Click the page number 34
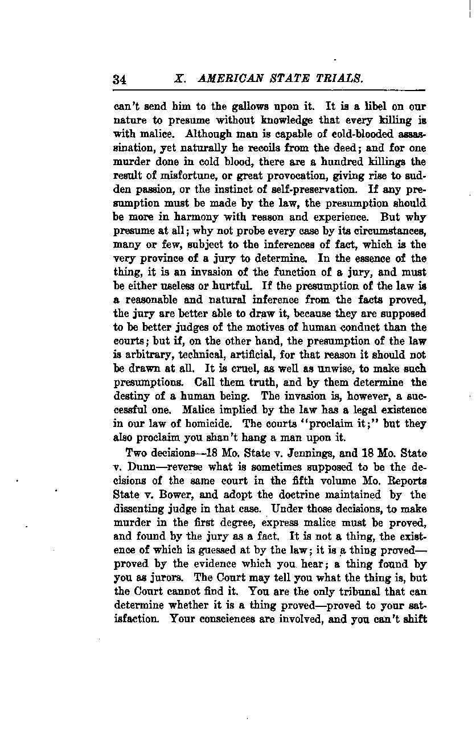click(x=120, y=80)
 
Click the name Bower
click(x=179, y=494)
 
